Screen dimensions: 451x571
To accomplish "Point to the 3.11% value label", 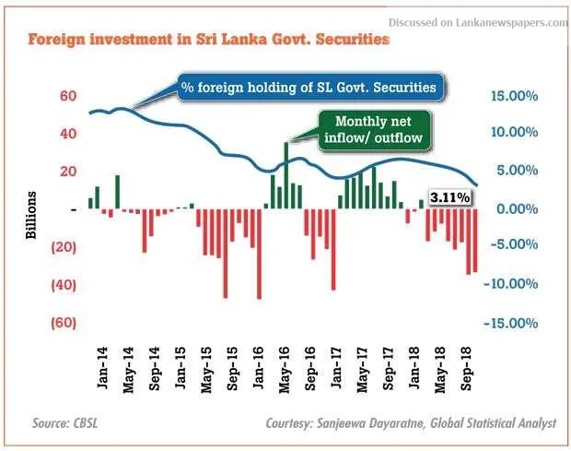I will (450, 197).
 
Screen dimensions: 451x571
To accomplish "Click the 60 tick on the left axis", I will (67, 96).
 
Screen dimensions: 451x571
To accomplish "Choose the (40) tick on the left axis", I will (62, 285).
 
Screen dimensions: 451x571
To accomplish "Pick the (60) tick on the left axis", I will (62, 323).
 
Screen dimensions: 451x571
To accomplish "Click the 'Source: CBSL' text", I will (65, 424).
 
